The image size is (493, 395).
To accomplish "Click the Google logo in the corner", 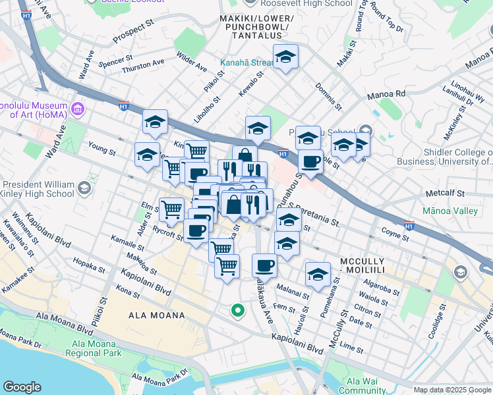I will click(x=22, y=387).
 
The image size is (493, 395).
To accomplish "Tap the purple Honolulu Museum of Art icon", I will click(x=78, y=107).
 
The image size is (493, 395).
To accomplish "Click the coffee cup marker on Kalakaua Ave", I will click(x=264, y=265).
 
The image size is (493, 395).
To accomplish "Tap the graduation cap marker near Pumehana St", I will click(x=318, y=274).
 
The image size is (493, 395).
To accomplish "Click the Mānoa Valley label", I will click(x=450, y=211).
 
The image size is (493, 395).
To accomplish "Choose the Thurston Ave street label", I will click(x=143, y=65).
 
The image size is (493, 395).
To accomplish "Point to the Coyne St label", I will click(x=395, y=232).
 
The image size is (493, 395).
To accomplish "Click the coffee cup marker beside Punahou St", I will click(x=310, y=161).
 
